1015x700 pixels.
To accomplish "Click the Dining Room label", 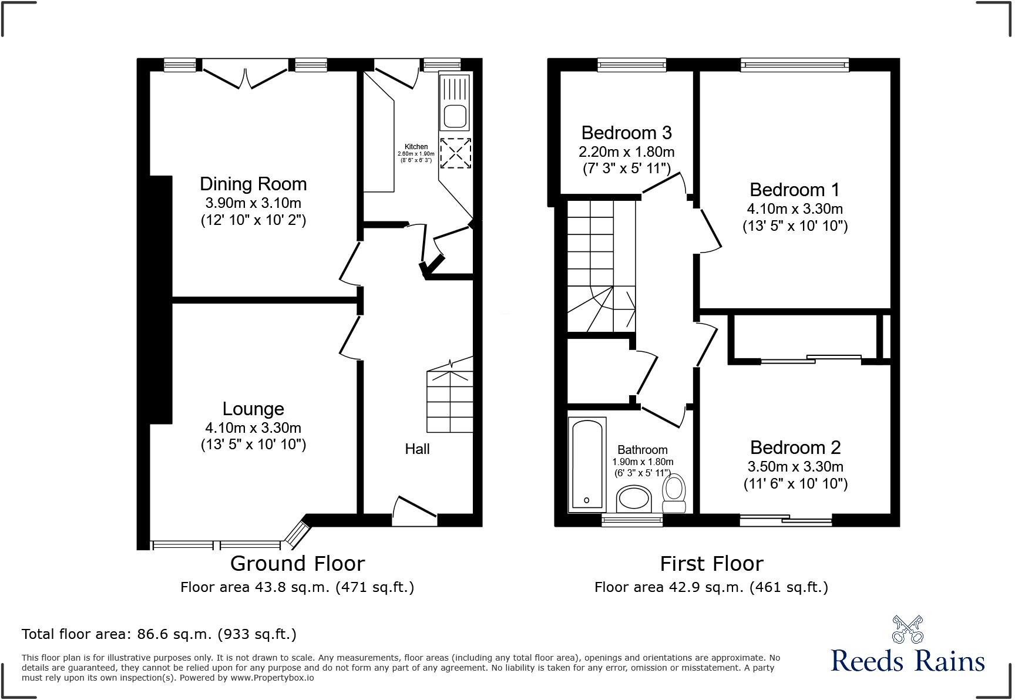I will coord(253,184).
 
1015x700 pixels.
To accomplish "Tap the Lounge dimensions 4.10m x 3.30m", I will coord(253,428).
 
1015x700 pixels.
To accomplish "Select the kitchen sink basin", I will coord(455,116).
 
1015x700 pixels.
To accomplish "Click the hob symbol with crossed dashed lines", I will coord(455,153).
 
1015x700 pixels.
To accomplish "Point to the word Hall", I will coord(417,449).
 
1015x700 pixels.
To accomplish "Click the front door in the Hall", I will coord(415,509).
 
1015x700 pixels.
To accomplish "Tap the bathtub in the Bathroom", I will coord(587,464).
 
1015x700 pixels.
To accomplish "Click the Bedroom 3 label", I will coord(626,133).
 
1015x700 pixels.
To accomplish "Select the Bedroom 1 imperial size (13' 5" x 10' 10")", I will coord(795,226).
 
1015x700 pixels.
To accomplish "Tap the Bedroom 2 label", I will coord(795,447).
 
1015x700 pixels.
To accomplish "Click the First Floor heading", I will coord(711,564).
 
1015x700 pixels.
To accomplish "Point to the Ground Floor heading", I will coord(297,564).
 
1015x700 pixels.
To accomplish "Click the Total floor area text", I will coord(159,634).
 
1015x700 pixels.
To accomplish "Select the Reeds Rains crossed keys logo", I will coord(908,629).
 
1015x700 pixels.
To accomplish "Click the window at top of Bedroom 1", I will coord(795,65).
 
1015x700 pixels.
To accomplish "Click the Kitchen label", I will coord(416,147).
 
